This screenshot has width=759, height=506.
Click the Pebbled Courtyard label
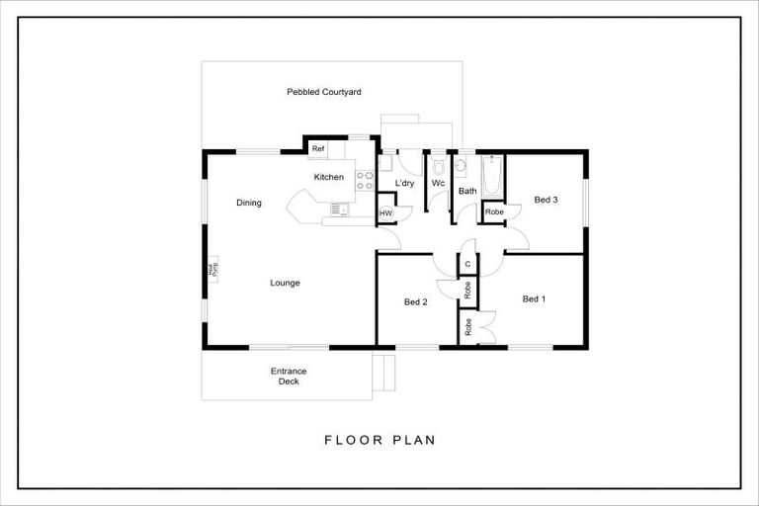(x=323, y=92)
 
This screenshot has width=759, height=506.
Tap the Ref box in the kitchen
(x=318, y=149)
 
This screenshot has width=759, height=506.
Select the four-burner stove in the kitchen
(x=364, y=180)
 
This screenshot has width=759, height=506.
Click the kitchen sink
(x=340, y=209)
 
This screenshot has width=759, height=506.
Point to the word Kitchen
(x=328, y=177)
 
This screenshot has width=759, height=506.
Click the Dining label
(x=249, y=204)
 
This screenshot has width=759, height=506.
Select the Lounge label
(x=285, y=283)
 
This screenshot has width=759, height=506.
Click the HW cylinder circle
(x=385, y=212)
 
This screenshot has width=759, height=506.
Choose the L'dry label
(x=403, y=184)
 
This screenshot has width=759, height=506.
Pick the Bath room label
(x=467, y=191)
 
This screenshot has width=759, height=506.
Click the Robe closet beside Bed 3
(x=493, y=211)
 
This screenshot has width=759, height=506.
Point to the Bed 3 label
(x=547, y=200)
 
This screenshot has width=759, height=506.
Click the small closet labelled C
(x=467, y=264)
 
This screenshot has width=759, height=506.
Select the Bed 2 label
(x=416, y=301)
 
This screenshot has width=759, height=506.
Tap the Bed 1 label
(x=534, y=298)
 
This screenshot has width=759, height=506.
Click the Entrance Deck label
(x=289, y=376)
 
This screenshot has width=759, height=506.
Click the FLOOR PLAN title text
(x=379, y=440)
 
